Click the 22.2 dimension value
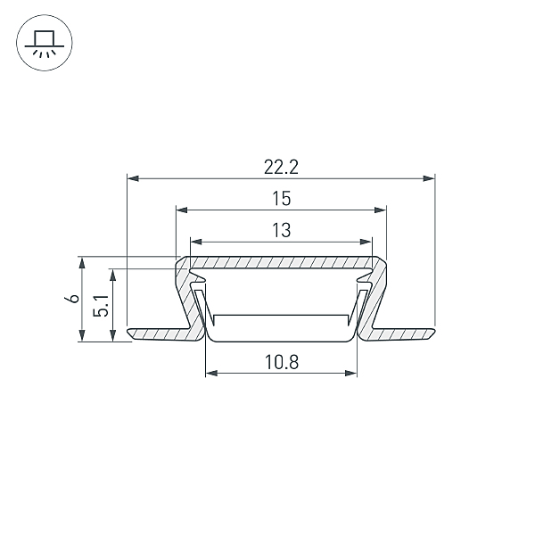[x=281, y=168]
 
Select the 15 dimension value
[x=282, y=199]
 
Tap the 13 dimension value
[x=282, y=230]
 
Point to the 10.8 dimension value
[x=282, y=362]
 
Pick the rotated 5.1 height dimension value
[x=101, y=306]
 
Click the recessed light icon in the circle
[x=45, y=43]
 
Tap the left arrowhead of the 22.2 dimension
[x=133, y=178]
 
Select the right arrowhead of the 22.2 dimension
[x=429, y=178]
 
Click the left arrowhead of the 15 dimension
[x=182, y=210]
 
